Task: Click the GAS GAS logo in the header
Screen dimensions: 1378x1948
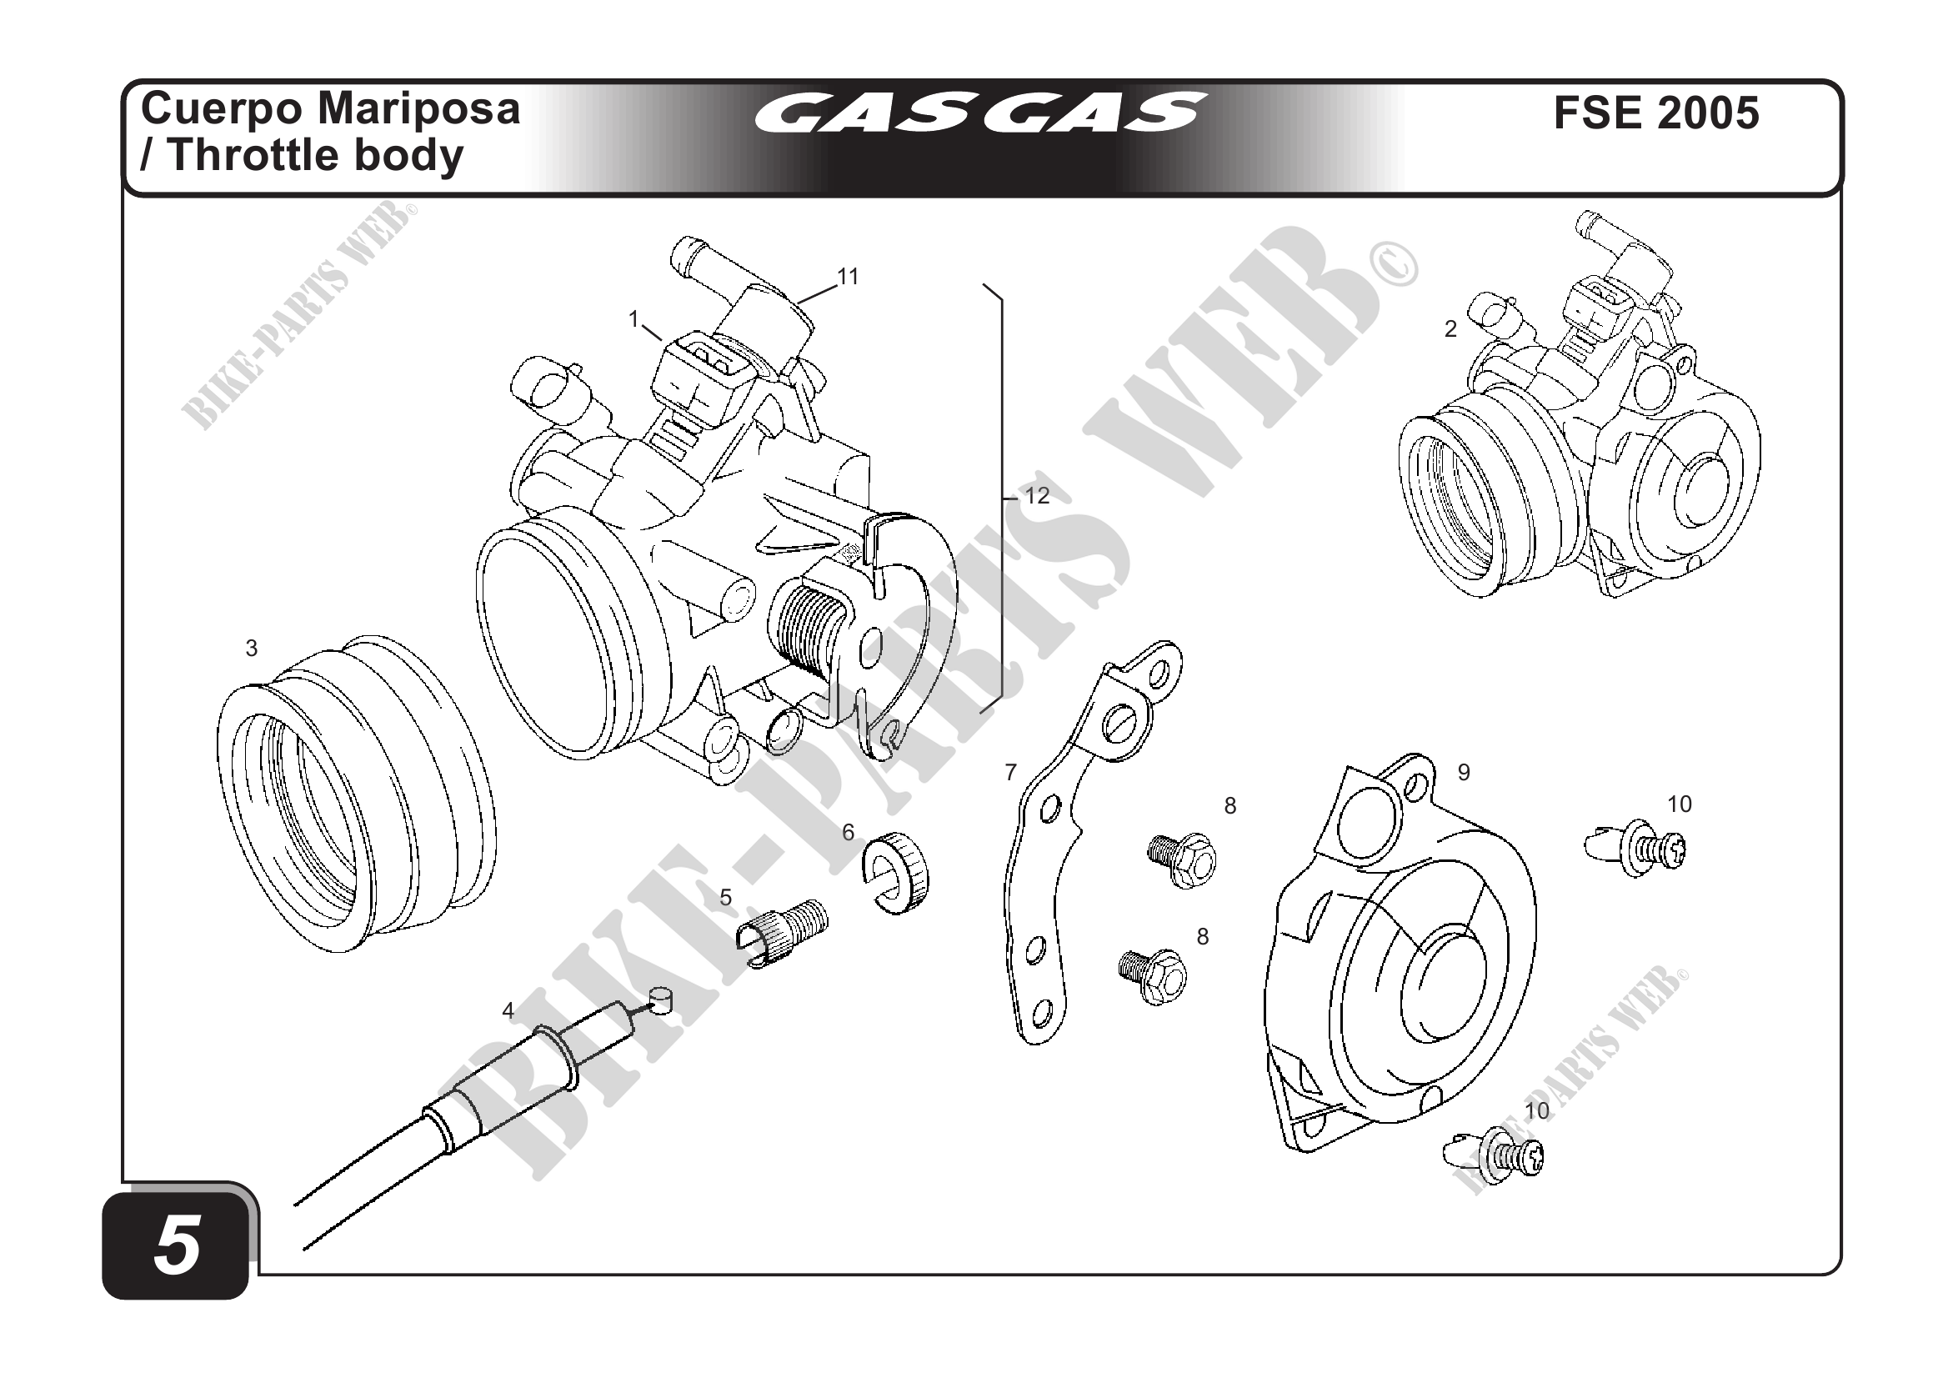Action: coord(979,113)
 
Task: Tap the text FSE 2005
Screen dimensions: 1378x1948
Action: coord(1656,113)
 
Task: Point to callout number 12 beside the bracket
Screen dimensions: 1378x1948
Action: coord(1037,495)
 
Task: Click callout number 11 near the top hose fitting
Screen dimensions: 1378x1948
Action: coord(848,277)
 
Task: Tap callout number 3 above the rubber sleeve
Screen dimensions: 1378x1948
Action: coord(251,649)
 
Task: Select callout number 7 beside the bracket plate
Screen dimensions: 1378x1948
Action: coord(1010,772)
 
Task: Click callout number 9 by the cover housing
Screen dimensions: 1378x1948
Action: coord(1464,772)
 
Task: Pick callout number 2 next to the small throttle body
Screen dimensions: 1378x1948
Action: coord(1451,329)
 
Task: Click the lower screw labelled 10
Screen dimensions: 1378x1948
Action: coord(1495,1155)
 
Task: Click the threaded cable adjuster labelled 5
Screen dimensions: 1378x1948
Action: coord(779,930)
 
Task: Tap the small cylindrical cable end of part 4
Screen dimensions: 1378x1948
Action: coord(660,1000)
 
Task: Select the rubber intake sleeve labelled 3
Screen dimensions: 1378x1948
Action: coord(357,794)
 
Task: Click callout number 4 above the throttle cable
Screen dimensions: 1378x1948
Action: coord(508,1010)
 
